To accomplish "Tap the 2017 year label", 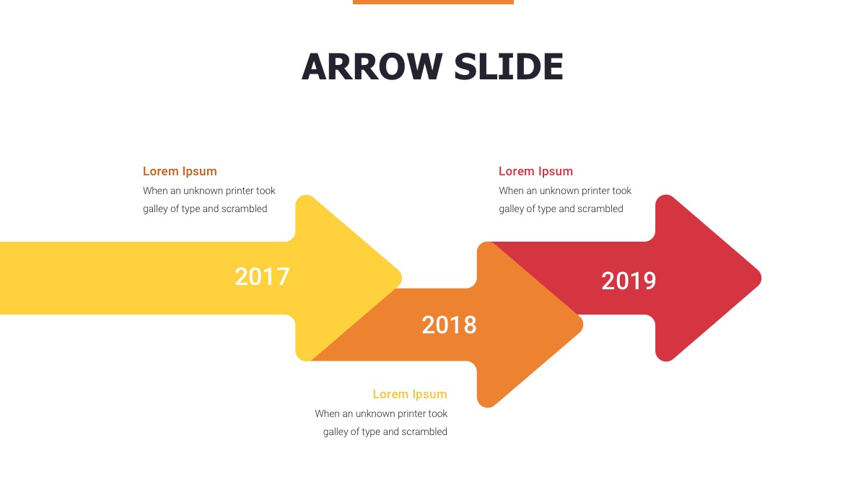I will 262,277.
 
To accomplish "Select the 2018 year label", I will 449,325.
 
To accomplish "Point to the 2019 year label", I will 629,281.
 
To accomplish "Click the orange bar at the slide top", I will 433,2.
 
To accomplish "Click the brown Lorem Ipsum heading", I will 180,171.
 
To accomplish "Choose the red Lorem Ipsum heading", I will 535,171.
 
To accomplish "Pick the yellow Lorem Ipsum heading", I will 410,394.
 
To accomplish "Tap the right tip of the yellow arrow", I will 399,278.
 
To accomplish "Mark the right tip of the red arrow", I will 759,278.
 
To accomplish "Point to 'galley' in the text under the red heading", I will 512,209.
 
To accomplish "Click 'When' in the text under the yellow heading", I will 327,413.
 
